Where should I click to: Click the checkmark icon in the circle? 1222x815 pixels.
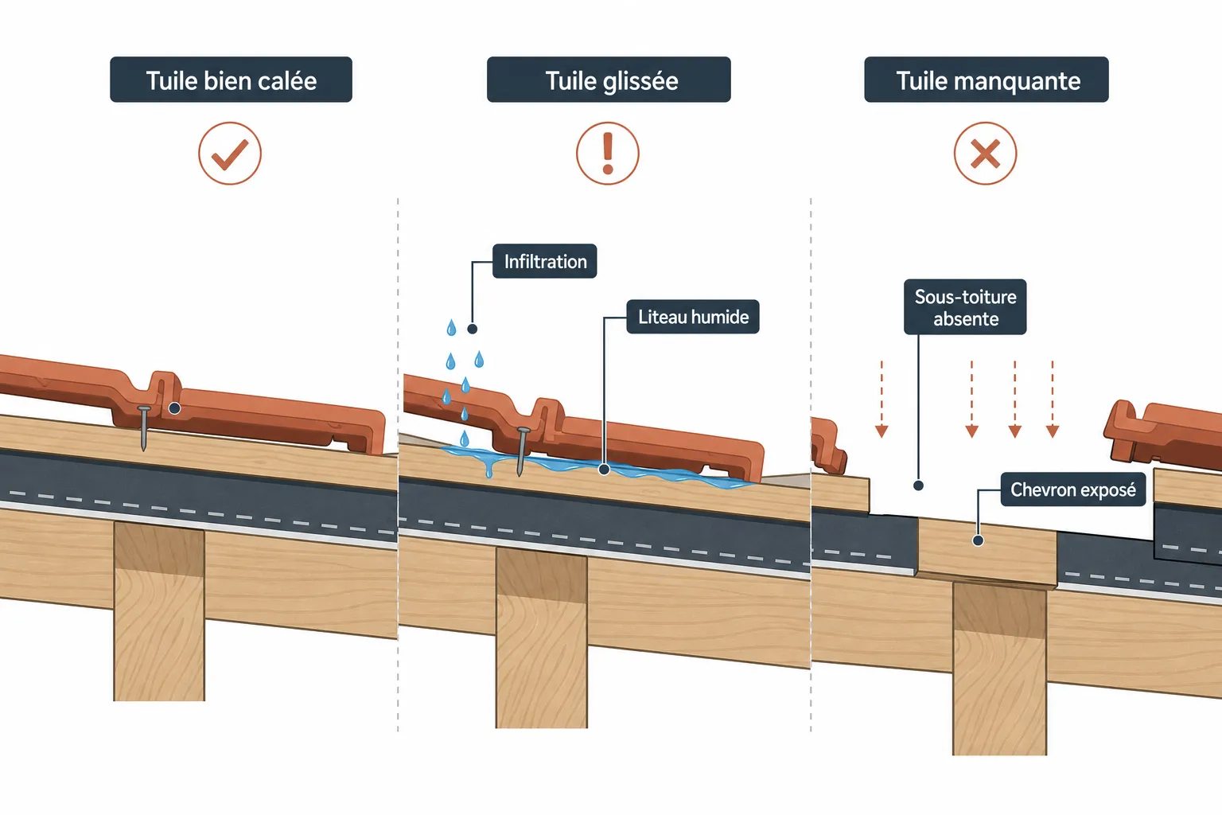[x=230, y=154]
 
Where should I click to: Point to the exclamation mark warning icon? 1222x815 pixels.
[x=608, y=154]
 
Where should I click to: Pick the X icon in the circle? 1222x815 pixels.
[x=985, y=154]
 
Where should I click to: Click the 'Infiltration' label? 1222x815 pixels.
[x=544, y=262]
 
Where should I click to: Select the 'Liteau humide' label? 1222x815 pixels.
[x=693, y=317]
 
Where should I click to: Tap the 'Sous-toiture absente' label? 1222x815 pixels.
[x=965, y=307]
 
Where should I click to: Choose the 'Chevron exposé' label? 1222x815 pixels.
[x=1073, y=489]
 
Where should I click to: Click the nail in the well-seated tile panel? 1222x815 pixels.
[x=144, y=428]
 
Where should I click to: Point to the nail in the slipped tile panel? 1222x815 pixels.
[x=522, y=451]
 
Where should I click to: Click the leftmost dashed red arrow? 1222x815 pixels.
[x=881, y=399]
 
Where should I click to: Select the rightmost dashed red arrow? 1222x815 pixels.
[x=1053, y=399]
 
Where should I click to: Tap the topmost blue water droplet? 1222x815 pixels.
[x=451, y=328]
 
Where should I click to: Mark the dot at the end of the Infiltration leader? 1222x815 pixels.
[x=473, y=329]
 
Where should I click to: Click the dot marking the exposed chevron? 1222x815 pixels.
[x=978, y=540]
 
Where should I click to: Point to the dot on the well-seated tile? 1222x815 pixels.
[x=174, y=408]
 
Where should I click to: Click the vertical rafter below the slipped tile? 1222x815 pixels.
[x=542, y=638]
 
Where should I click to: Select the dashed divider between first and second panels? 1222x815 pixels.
[x=398, y=464]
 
